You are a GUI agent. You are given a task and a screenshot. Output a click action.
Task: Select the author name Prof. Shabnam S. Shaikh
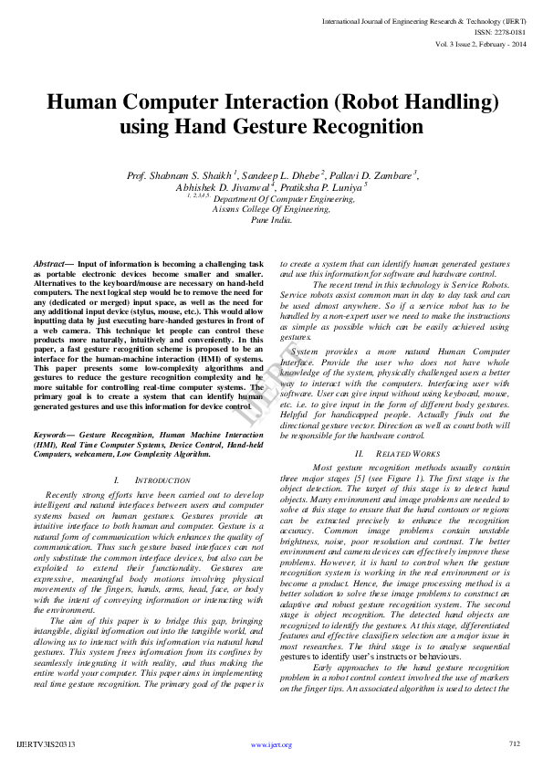click(x=181, y=174)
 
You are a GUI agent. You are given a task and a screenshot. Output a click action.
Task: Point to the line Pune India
click(x=271, y=220)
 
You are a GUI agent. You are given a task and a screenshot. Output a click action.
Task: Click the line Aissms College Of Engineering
click(x=271, y=208)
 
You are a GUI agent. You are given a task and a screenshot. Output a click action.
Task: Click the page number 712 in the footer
click(x=514, y=744)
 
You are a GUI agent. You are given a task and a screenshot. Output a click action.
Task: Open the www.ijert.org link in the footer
click(x=271, y=744)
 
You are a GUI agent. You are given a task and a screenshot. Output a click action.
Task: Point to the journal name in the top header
click(x=424, y=19)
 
